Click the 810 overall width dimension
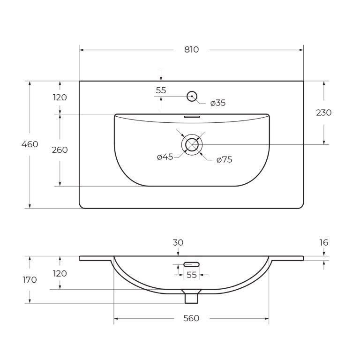click(x=191, y=50)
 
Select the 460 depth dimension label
click(x=30, y=144)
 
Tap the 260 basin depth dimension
click(x=60, y=150)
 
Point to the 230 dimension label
click(x=324, y=112)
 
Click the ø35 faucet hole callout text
click(x=218, y=103)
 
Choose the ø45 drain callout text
click(x=165, y=157)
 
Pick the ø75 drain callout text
click(x=225, y=159)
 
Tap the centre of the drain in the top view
click(x=192, y=145)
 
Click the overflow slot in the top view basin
click(x=192, y=116)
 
